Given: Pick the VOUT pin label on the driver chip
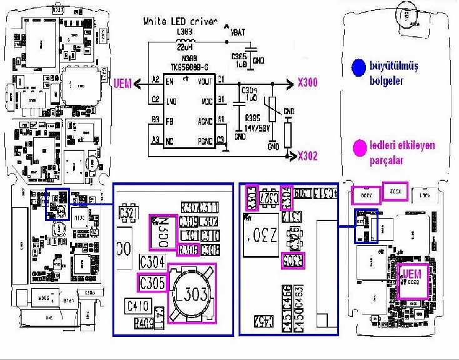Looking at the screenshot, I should point(206,81).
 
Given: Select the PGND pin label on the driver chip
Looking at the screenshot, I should point(207,141).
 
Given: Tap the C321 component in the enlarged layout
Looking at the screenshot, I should point(129,214).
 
